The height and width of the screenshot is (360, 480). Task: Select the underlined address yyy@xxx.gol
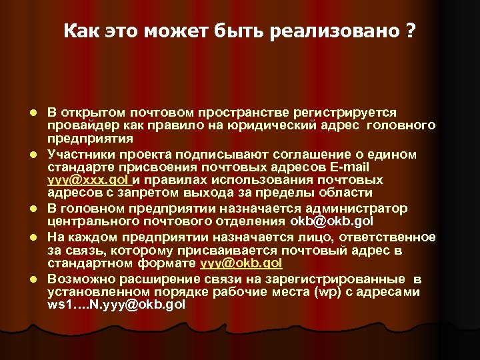point(88,181)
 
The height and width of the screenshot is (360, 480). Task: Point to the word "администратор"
point(355,208)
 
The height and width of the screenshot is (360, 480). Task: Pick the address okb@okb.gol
point(331,221)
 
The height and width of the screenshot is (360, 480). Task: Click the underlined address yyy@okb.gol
point(241,263)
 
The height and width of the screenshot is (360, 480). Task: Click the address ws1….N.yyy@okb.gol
point(116,305)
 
